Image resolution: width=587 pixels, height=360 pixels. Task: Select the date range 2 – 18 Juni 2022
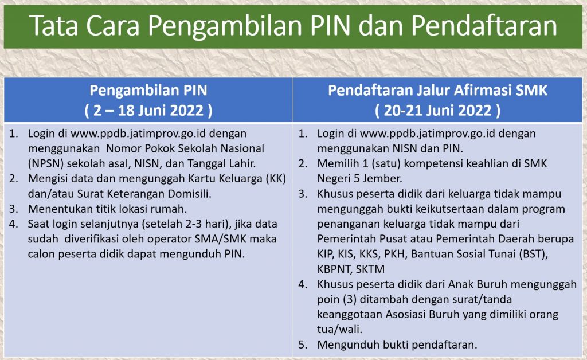(148, 111)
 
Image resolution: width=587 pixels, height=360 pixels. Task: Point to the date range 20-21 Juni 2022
(437, 111)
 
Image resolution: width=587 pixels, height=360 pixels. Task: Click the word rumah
(169, 209)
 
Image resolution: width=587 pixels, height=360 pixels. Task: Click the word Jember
(383, 178)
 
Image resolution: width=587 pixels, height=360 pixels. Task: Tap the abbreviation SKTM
(370, 269)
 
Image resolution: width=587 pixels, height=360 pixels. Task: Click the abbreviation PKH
(394, 254)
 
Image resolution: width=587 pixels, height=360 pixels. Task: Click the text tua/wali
(340, 329)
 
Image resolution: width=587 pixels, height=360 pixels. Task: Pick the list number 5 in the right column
(302, 345)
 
